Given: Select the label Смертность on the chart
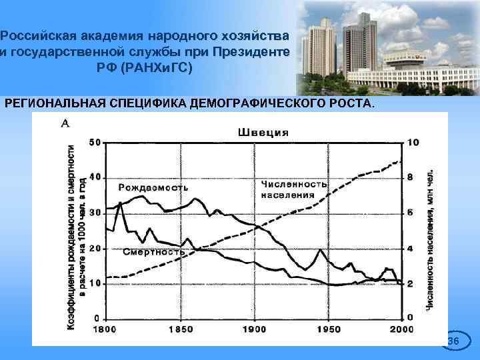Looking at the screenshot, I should (155, 252).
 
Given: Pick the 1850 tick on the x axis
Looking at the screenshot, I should (180, 330).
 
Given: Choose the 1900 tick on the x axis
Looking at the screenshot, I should (254, 330).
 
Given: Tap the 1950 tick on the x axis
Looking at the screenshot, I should (328, 330).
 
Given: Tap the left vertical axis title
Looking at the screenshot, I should (75, 237).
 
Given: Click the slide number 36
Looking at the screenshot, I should (453, 341).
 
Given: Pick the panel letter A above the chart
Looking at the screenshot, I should (66, 123).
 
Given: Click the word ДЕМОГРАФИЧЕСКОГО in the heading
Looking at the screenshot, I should (262, 105).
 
